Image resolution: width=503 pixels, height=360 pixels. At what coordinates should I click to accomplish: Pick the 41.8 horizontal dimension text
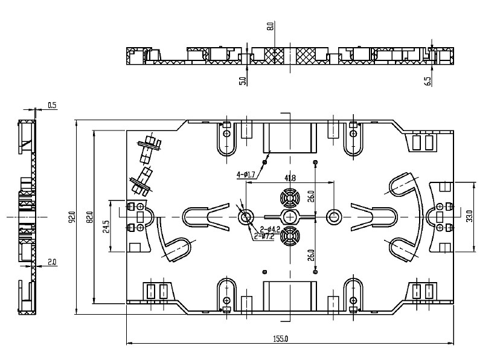(x=290, y=178)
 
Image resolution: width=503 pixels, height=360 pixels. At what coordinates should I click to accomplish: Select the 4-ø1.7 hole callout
(x=247, y=175)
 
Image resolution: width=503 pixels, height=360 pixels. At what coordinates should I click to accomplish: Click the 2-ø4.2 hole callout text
(x=269, y=229)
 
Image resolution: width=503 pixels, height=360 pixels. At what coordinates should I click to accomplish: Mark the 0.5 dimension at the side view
(x=51, y=106)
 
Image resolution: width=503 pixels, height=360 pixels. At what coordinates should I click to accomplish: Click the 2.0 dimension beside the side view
(x=51, y=262)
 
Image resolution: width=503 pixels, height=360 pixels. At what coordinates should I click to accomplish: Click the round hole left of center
(x=246, y=217)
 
